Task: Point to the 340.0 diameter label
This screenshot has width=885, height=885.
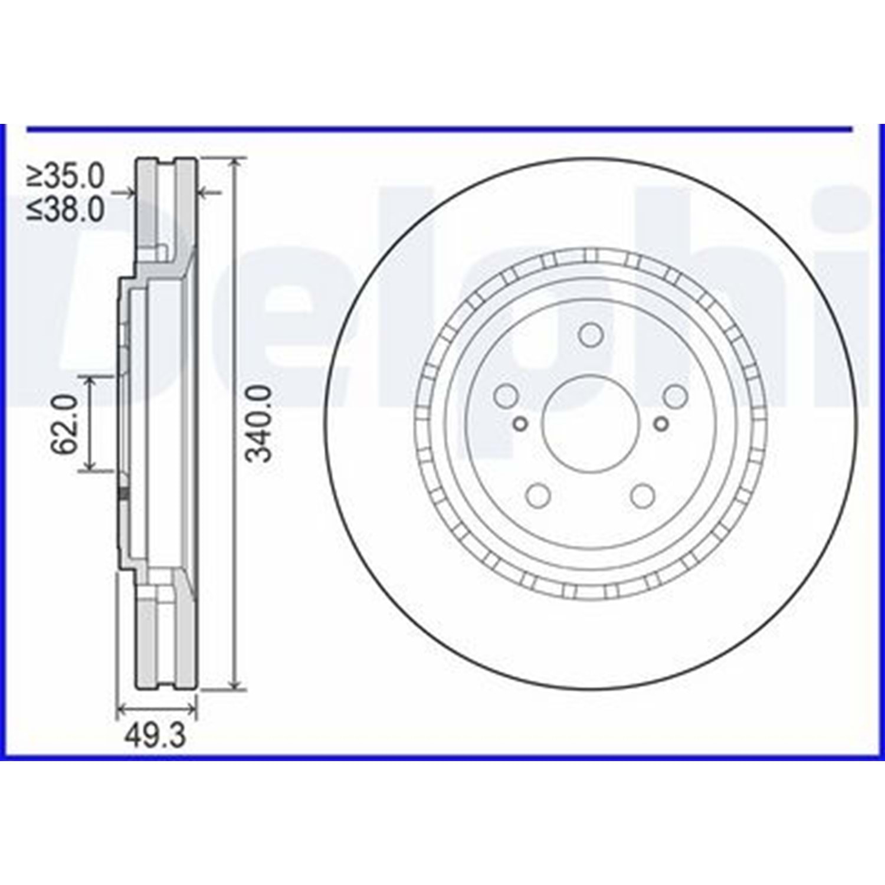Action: point(260,423)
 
